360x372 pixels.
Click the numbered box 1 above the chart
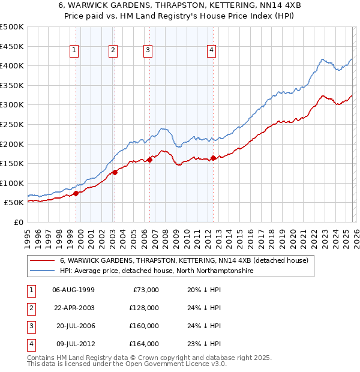[74, 51]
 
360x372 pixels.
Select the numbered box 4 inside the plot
[212, 51]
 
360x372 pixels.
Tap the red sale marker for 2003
[114, 172]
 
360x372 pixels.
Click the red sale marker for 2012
[213, 158]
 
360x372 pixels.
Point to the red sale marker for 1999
[76, 193]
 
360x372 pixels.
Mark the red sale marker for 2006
[149, 160]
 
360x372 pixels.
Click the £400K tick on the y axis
[12, 65]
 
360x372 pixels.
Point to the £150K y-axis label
[12, 163]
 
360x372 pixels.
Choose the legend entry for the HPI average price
[157, 271]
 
